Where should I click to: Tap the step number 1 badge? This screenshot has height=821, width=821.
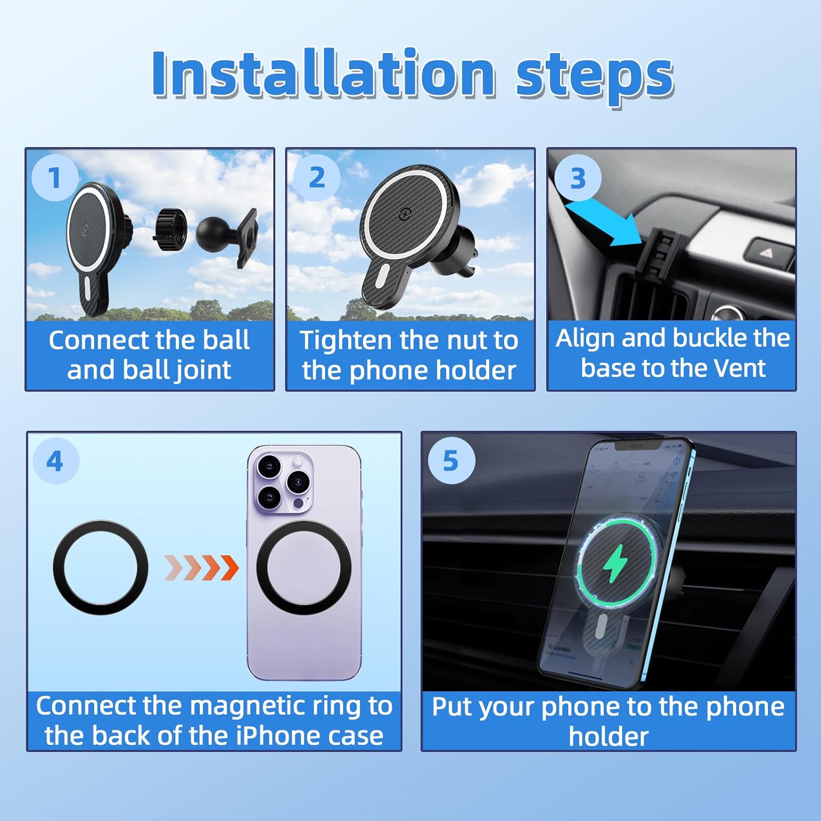(54, 177)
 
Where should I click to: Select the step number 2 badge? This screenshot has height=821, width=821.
(317, 177)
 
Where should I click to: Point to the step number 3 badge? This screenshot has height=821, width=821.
(578, 178)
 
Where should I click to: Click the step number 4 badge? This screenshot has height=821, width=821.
(55, 461)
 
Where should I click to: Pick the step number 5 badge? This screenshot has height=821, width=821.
(450, 461)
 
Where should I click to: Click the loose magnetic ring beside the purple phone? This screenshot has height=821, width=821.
(101, 568)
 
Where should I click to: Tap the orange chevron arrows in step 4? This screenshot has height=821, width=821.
(201, 568)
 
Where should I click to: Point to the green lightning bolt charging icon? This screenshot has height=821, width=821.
(616, 563)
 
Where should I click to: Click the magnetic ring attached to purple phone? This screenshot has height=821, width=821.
(303, 568)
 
